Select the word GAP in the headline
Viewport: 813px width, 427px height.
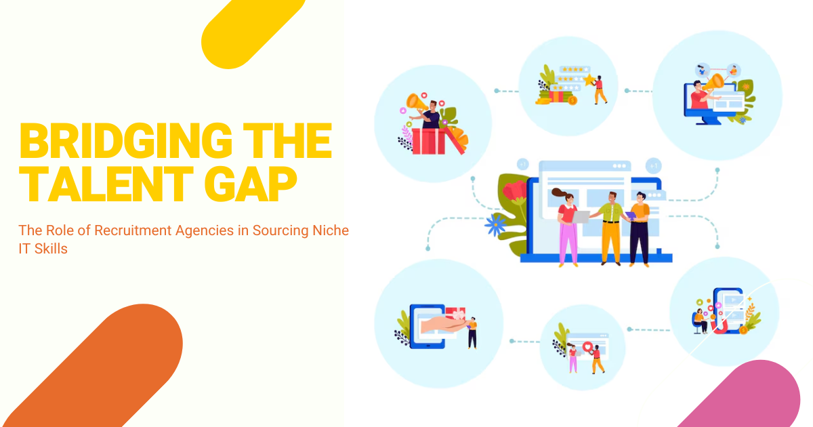click(x=251, y=184)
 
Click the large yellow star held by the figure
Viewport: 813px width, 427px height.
click(x=589, y=79)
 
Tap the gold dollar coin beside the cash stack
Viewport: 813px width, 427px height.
click(x=572, y=100)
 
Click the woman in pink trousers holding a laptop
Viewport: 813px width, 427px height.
click(x=567, y=227)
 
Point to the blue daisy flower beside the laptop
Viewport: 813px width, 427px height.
click(x=495, y=225)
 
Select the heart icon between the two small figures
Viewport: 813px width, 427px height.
click(x=587, y=347)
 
